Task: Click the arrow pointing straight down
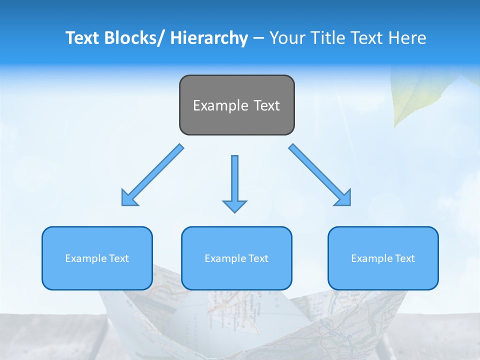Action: click(234, 185)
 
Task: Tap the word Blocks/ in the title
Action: click(135, 38)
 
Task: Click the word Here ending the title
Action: click(407, 38)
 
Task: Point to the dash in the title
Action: click(258, 38)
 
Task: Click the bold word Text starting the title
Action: click(83, 38)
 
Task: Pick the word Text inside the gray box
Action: click(266, 105)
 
